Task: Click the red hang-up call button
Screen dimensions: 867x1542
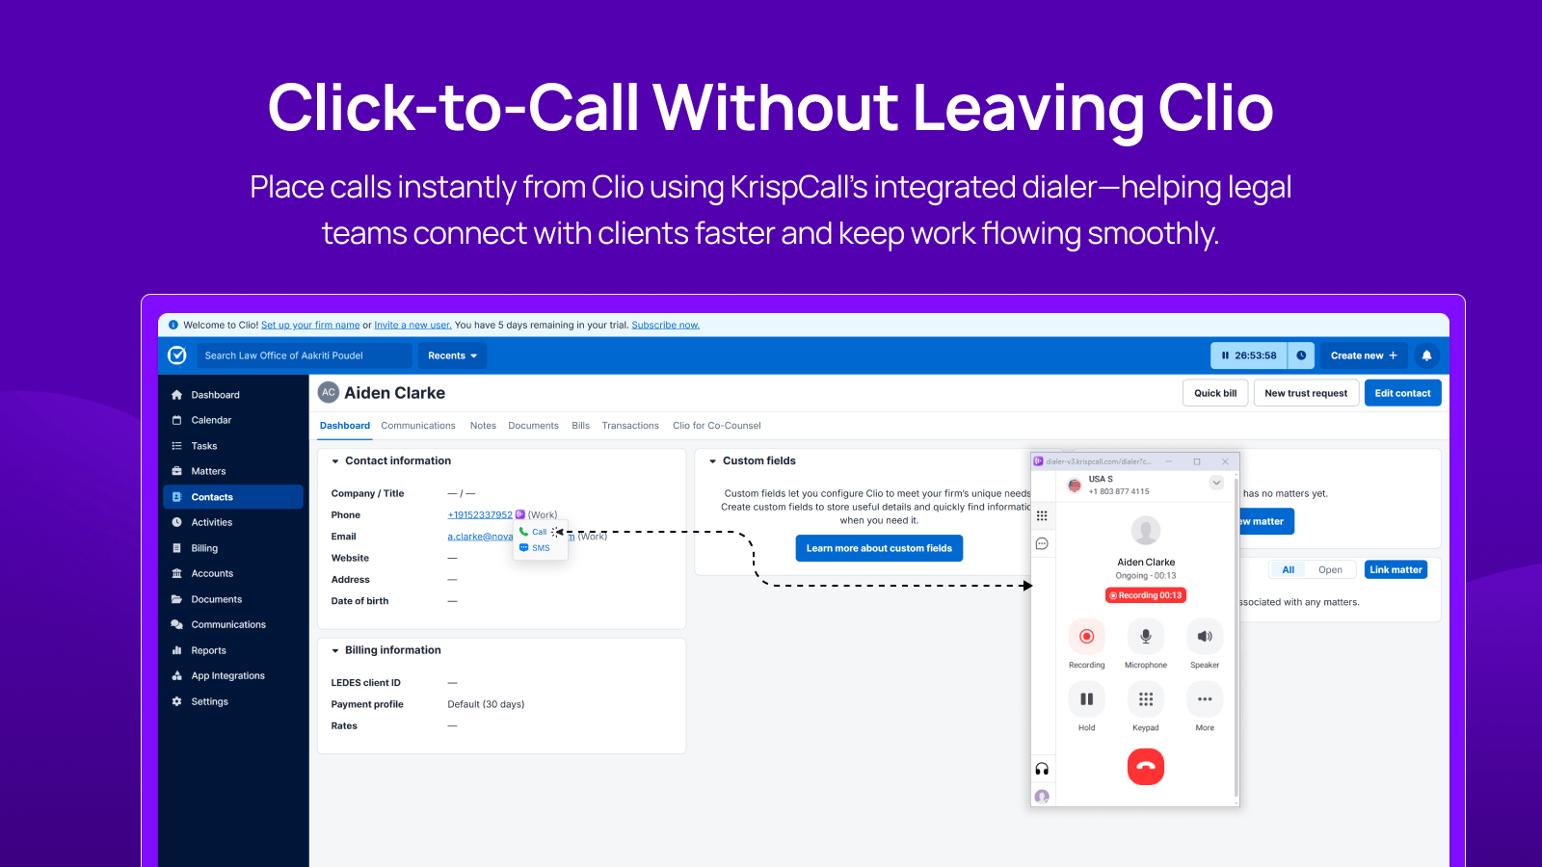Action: [x=1145, y=767]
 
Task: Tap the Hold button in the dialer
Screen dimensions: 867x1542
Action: [x=1086, y=699]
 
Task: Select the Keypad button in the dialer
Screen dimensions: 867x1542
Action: [x=1145, y=699]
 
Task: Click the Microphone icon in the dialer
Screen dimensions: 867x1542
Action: [x=1145, y=637]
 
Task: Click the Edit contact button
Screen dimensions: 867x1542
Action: [x=1402, y=393]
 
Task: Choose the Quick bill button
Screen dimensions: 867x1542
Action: [x=1215, y=393]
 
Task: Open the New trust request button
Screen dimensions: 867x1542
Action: [x=1306, y=393]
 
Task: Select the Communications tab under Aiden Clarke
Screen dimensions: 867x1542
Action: [x=417, y=426]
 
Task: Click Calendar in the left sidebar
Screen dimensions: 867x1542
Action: [x=211, y=420]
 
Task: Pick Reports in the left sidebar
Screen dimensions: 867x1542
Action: [x=208, y=650]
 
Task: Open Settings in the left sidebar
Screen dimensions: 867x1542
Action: [x=209, y=701]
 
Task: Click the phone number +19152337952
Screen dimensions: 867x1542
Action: [x=480, y=515]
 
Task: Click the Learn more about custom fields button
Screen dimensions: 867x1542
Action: [x=879, y=548]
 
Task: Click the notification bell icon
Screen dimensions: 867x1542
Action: [x=1426, y=355]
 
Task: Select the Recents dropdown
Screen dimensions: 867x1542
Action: [x=452, y=355]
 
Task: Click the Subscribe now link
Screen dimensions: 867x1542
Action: [x=665, y=326]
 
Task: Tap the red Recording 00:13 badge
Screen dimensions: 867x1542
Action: [x=1145, y=595]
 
